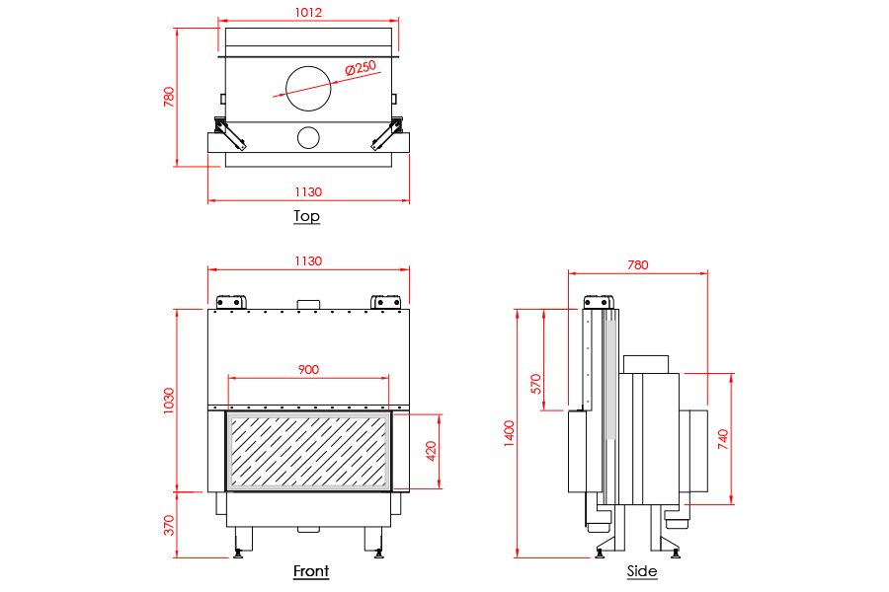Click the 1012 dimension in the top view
[x=308, y=13]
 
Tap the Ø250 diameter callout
[x=362, y=68]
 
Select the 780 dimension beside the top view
[x=169, y=97]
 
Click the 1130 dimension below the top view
[x=308, y=192]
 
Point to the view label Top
[x=306, y=216]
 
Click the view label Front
[x=310, y=570]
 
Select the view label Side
[x=641, y=570]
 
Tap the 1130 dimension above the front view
[x=308, y=261]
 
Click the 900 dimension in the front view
[x=308, y=370]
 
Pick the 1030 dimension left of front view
[x=169, y=400]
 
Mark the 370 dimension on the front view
[x=169, y=524]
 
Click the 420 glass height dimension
[x=431, y=451]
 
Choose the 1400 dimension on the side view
[x=510, y=432]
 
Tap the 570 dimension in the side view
[x=537, y=384]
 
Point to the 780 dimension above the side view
[x=638, y=264]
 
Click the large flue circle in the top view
[x=308, y=89]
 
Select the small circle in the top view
[x=308, y=136]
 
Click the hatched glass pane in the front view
[x=308, y=451]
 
